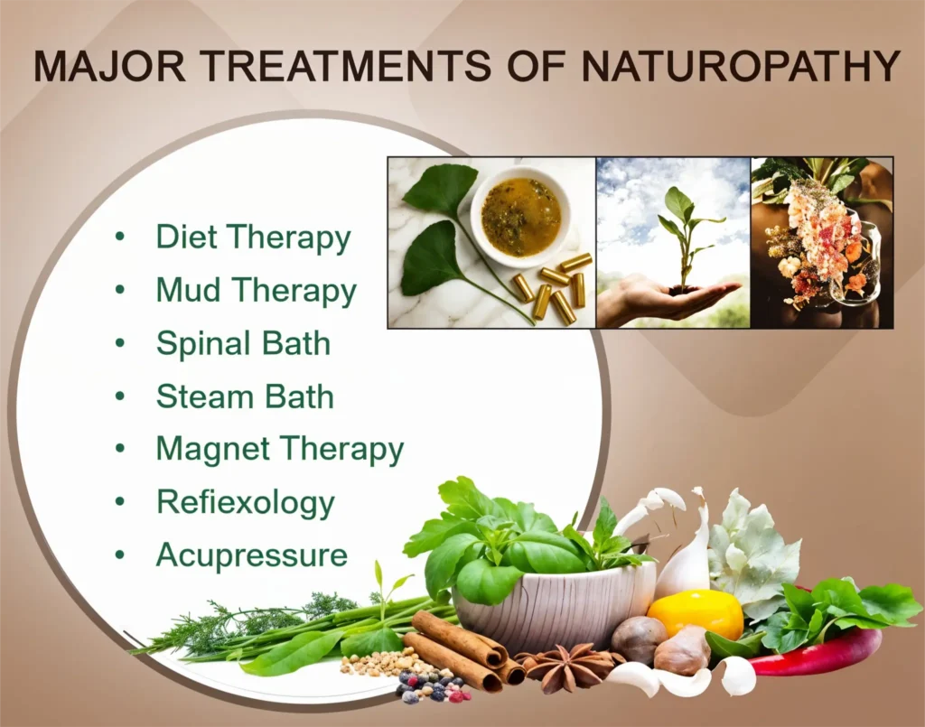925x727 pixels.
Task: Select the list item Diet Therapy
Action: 253,238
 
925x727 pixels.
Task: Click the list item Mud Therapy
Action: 256,292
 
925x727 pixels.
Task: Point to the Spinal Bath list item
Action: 243,344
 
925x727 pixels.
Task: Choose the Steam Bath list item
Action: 245,396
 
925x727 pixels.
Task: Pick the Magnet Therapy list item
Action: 280,450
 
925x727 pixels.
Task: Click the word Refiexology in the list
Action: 246,503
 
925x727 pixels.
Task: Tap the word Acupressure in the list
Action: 251,556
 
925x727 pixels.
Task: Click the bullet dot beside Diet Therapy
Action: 120,237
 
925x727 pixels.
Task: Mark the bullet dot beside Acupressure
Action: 120,555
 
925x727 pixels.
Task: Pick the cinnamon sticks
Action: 466,648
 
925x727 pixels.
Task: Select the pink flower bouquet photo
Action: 822,242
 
